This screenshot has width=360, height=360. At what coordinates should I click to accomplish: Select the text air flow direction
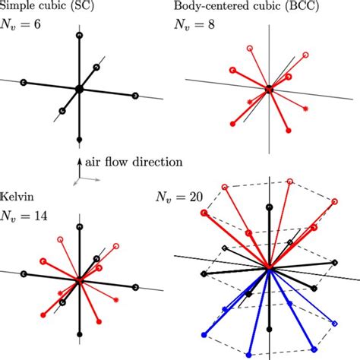128,162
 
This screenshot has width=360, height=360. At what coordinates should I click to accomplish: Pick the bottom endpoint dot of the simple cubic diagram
80,141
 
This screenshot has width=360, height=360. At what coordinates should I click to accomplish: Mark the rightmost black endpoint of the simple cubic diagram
134,96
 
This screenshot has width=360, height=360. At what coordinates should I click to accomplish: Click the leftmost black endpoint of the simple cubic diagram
24,82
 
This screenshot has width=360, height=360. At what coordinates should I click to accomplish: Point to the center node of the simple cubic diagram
79,90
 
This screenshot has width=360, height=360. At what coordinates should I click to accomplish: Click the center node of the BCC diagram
267,90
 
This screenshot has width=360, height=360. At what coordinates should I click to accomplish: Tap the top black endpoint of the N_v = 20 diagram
270,207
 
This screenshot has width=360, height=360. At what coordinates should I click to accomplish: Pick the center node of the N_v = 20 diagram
270,268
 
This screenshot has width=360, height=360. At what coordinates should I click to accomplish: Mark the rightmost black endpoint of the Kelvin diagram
134,288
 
